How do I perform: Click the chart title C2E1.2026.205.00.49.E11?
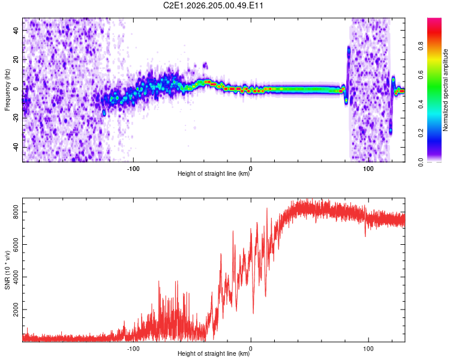tap(213, 5)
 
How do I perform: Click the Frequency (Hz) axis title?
tap(7, 90)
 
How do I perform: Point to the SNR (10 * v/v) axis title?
tap(7, 270)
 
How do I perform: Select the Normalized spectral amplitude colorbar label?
tap(445, 90)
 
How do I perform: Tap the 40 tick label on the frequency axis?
tap(16, 30)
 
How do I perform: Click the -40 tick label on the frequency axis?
tap(16, 147)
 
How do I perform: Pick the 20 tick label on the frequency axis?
tap(16, 59)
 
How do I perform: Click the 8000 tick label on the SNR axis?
tap(16, 212)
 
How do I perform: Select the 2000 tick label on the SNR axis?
tap(16, 310)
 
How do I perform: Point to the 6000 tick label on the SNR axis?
tap(16, 244)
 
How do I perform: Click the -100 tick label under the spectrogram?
tap(133, 169)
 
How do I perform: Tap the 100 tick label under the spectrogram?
tap(368, 169)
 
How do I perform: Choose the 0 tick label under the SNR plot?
tap(251, 349)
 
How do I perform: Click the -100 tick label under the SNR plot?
tap(133, 349)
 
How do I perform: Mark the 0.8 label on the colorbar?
tap(421, 46)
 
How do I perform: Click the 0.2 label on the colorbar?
tap(421, 133)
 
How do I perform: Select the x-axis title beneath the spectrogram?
tap(214, 173)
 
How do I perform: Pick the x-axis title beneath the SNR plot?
tap(214, 353)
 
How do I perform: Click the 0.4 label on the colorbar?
tap(421, 104)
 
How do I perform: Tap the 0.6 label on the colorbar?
tap(421, 75)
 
